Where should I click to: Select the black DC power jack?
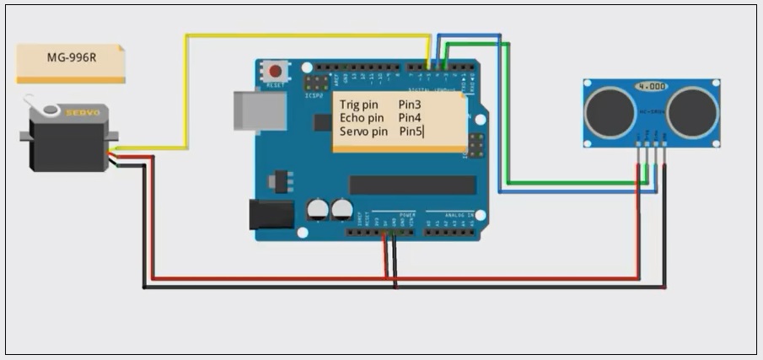[x=271, y=214]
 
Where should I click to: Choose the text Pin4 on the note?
[x=410, y=118]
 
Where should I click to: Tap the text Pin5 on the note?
[x=411, y=132]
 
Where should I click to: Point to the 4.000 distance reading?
[x=651, y=87]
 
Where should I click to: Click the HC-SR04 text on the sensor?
[x=651, y=111]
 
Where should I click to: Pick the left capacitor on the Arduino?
[x=318, y=209]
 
